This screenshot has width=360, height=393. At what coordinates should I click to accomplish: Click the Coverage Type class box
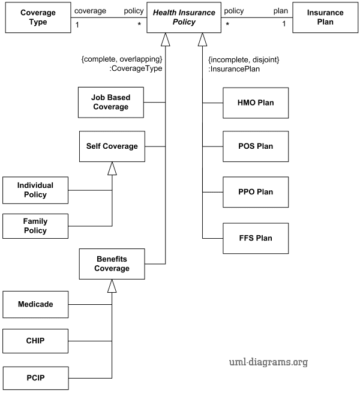pyautogui.click(x=36, y=17)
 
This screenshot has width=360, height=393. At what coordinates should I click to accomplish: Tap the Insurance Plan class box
pyautogui.click(x=325, y=17)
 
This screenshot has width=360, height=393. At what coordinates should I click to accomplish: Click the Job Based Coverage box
pyautogui.click(x=112, y=103)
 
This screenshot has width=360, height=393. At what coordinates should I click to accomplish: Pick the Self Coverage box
pyautogui.click(x=112, y=146)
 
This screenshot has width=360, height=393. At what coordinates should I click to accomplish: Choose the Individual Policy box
pyautogui.click(x=35, y=190)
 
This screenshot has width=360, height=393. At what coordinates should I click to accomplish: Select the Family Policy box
pyautogui.click(x=35, y=226)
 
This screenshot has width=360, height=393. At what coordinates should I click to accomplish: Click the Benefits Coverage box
pyautogui.click(x=112, y=264)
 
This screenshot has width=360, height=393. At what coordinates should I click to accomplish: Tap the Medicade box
pyautogui.click(x=35, y=304)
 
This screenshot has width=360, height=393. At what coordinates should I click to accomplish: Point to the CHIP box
pyautogui.click(x=35, y=341)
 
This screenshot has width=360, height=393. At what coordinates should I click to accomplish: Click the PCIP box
pyautogui.click(x=35, y=378)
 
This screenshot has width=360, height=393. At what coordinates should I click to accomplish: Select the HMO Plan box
pyautogui.click(x=255, y=103)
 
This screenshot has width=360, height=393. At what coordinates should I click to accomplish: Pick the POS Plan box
pyautogui.click(x=255, y=147)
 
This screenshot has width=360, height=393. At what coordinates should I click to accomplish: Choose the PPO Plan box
pyautogui.click(x=255, y=192)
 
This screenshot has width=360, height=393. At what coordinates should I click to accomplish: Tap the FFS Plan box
pyautogui.click(x=255, y=238)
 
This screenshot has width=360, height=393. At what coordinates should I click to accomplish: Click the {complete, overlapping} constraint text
pyautogui.click(x=122, y=60)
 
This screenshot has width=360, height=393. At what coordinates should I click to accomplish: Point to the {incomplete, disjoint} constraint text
pyautogui.click(x=244, y=60)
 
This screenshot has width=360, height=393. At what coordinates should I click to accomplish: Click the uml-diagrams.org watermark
pyautogui.click(x=268, y=362)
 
